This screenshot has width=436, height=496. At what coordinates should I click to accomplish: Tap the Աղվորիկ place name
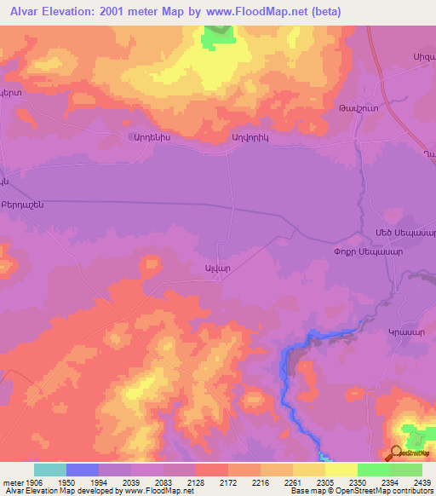[x=250, y=136]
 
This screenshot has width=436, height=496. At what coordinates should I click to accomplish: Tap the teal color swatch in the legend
[x=50, y=470]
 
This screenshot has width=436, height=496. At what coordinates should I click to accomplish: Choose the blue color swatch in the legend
[x=83, y=470]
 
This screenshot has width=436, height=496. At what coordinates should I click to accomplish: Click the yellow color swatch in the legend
[x=341, y=470]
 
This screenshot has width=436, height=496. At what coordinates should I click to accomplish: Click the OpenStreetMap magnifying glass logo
[x=397, y=454]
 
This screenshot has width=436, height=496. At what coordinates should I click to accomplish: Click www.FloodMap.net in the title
[x=276, y=11]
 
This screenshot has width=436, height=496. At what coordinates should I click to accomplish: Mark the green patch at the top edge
[x=219, y=35]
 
